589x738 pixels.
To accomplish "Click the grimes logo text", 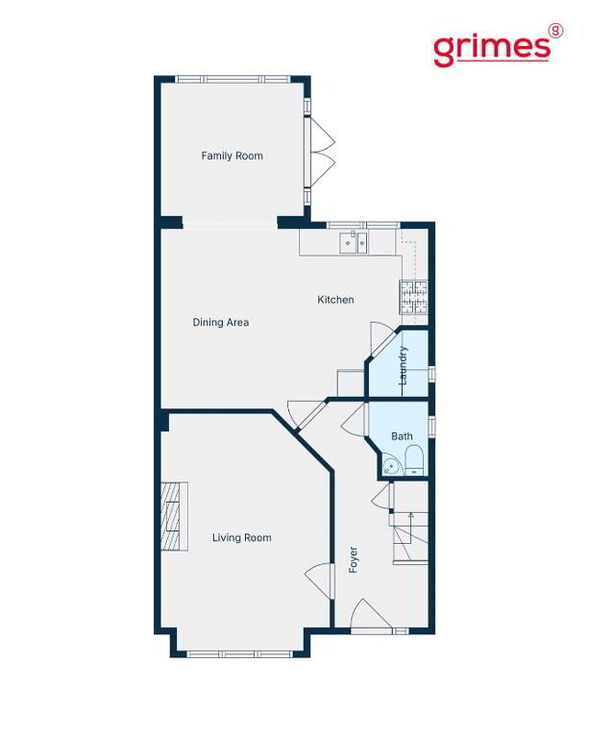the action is pyautogui.click(x=492, y=48).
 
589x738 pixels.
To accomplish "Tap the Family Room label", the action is pyautogui.click(x=232, y=156).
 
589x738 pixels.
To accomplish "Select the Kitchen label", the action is pyautogui.click(x=335, y=300).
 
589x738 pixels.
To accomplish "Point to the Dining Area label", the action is pyautogui.click(x=221, y=323).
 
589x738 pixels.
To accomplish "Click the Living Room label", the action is pyautogui.click(x=242, y=538).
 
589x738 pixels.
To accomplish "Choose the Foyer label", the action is pyautogui.click(x=354, y=559).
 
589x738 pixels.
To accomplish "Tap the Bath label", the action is pyautogui.click(x=403, y=436).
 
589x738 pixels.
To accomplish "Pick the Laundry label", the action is pyautogui.click(x=403, y=366).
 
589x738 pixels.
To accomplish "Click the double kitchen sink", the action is pyautogui.click(x=354, y=243).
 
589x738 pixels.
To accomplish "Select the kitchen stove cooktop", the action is pyautogui.click(x=414, y=298).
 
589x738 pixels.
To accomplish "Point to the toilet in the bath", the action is pyautogui.click(x=414, y=461).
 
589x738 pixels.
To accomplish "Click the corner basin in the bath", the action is pyautogui.click(x=390, y=466).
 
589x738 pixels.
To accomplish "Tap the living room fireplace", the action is pyautogui.click(x=175, y=516).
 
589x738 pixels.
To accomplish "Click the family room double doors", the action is pyautogui.click(x=319, y=153).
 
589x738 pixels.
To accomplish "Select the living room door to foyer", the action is pyautogui.click(x=320, y=580).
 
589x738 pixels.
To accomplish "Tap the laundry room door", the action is pyautogui.click(x=383, y=339).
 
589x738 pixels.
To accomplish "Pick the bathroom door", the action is pyautogui.click(x=355, y=420).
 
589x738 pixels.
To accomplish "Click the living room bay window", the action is pyautogui.click(x=240, y=654).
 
